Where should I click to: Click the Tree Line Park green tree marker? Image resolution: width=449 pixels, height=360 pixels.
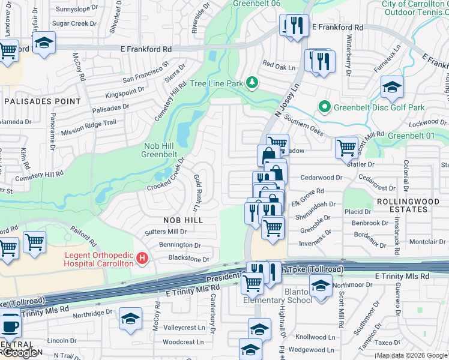(253, 82)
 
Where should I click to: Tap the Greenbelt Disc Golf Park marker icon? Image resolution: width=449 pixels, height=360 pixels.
(325, 107)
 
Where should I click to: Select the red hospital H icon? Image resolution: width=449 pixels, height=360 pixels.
(142, 259)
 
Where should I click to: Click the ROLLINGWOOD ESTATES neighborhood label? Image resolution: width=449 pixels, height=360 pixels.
(402, 204)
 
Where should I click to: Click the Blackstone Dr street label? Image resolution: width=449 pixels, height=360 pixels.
(188, 259)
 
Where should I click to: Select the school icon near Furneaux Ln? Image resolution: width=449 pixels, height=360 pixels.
(392, 88)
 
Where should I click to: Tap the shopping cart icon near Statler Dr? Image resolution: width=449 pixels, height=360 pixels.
(347, 146)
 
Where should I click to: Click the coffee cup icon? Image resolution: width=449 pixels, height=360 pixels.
(8, 327)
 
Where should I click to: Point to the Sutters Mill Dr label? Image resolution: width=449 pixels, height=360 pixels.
(166, 232)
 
